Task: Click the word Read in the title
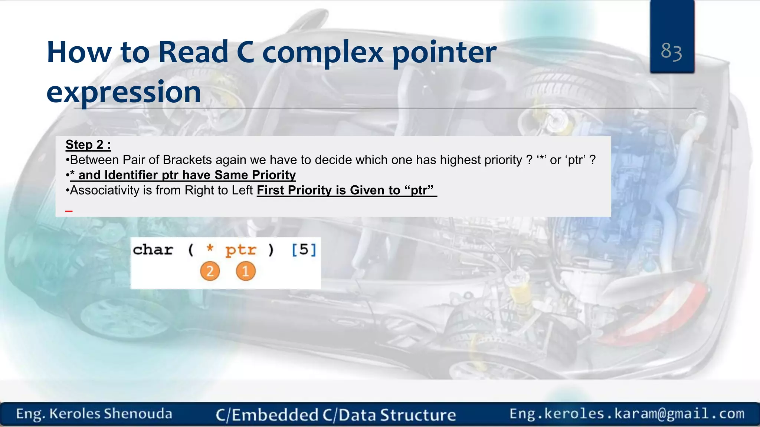coord(193,52)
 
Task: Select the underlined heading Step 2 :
coord(88,145)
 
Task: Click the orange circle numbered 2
coord(210,271)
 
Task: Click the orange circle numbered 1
coord(245,271)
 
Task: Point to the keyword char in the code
coord(153,250)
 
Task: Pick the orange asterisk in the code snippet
coord(210,248)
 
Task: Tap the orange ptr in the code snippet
coord(240,250)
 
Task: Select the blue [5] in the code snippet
coord(304,250)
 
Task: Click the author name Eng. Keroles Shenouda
coord(94,414)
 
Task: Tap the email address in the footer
coord(627,414)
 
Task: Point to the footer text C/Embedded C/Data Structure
coord(336,415)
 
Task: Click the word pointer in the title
coord(444,52)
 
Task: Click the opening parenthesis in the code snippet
coord(191,250)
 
